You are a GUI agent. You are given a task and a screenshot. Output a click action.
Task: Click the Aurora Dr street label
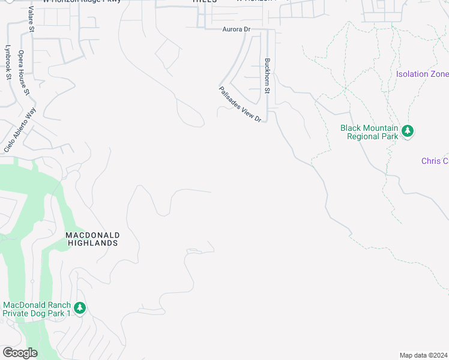coord(235,28)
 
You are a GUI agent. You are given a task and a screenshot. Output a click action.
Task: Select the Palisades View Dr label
coord(241,104)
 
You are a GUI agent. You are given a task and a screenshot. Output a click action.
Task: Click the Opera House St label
coord(23,73)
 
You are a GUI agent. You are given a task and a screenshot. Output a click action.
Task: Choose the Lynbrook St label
coord(8,62)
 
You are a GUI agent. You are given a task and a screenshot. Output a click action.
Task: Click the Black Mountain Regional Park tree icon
coord(408,131)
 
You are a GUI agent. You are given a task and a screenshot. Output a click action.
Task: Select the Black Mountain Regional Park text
coord(369,132)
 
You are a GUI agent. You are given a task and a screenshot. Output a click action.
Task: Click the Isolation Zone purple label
coord(423,74)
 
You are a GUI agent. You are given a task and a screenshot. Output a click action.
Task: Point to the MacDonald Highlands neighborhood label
coord(92,239)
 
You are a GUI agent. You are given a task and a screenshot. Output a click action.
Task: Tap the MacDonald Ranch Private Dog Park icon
coord(80,308)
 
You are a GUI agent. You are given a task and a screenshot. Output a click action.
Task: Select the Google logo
coord(20,353)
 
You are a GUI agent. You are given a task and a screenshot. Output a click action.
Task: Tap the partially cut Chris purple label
coord(435,161)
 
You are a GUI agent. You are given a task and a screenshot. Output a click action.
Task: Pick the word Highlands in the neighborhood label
coord(92,243)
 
